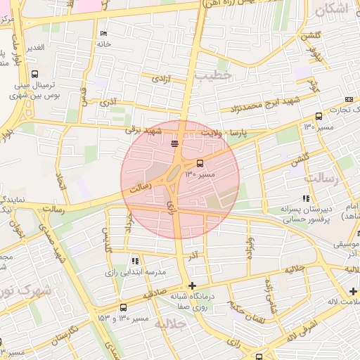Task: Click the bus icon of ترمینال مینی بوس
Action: coord(34,73)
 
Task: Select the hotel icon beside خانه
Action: coord(104,33)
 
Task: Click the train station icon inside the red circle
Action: coord(174,144)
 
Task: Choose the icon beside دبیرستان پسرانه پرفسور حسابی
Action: coord(306,199)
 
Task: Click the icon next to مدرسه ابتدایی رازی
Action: coord(135,261)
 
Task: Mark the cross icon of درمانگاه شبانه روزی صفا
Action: coord(192,285)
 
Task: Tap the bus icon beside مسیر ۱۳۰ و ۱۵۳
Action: coord(124,307)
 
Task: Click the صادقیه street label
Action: coord(157,295)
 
